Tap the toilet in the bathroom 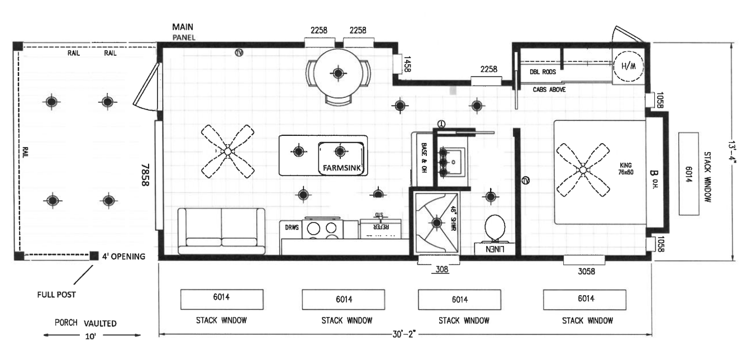click(494, 228)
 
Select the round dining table click(338, 73)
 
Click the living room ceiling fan click(227, 151)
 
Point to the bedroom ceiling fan click(583, 169)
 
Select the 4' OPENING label click(123, 257)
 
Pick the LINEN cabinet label click(495, 249)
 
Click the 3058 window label click(584, 271)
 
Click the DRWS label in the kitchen click(292, 228)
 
